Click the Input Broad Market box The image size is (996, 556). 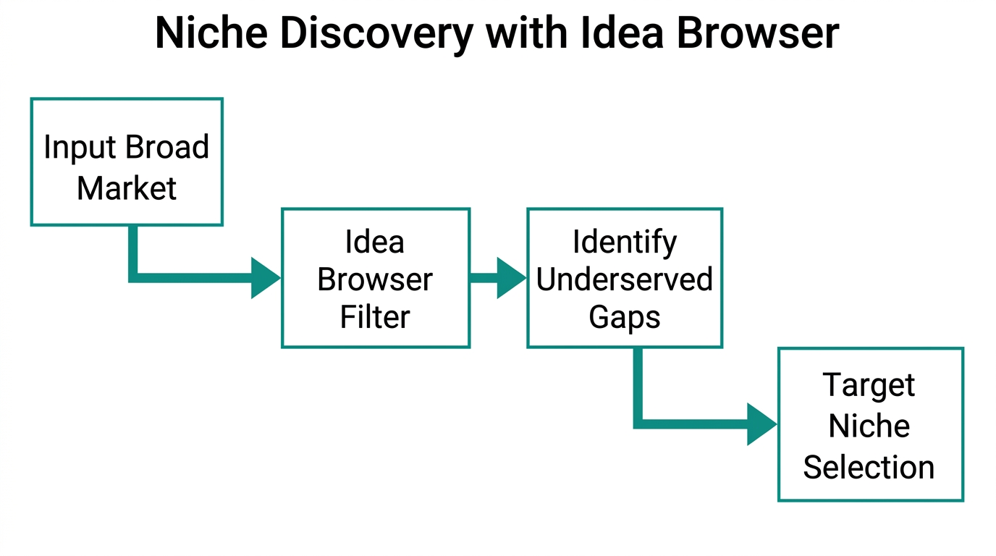point(127,162)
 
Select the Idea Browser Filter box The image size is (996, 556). point(375,278)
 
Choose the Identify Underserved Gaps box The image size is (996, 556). point(624,278)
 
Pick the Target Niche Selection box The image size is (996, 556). point(870,424)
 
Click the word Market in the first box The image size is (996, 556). point(127,188)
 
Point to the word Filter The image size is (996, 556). point(375,317)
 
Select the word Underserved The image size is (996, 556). point(624,279)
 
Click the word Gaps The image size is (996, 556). point(624,317)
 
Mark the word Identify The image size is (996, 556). point(624,242)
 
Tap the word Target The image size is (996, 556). point(869,385)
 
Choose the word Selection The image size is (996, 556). point(869,467)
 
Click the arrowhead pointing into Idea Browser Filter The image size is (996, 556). point(264,277)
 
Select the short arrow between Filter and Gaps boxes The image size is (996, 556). point(498,278)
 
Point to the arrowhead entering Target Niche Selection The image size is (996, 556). point(761,424)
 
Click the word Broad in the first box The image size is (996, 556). point(166,148)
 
